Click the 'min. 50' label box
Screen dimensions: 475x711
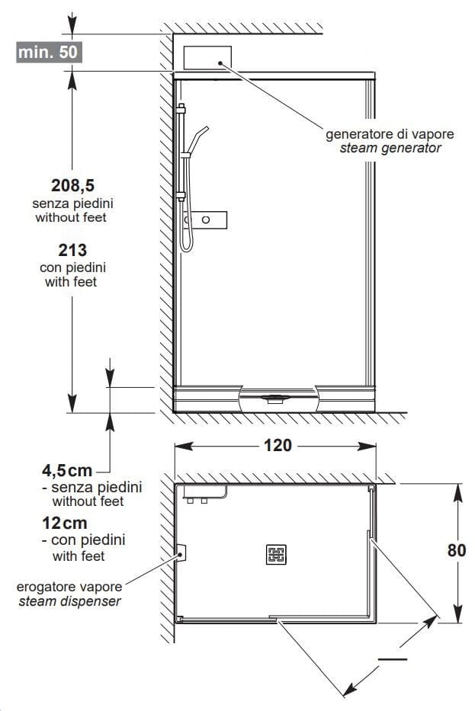pos(49,52)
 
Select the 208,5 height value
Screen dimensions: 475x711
pos(72,185)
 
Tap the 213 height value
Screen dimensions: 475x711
pos(72,250)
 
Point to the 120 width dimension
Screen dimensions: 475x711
pos(278,446)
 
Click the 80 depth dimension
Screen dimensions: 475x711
pos(457,550)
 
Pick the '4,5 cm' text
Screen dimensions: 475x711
pos(67,471)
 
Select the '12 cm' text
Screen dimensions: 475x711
pos(64,524)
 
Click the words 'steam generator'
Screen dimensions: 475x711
pos(390,149)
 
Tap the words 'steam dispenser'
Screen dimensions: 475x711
pos(69,602)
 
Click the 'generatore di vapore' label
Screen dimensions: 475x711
pos(390,134)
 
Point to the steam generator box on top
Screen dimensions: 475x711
pos(207,58)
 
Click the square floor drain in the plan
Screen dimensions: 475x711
pos(276,554)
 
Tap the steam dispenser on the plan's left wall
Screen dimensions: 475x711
pos(181,552)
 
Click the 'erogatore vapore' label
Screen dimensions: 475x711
pos(69,587)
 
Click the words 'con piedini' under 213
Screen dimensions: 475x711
pos(72,267)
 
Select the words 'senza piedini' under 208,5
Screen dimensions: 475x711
pos(72,203)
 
